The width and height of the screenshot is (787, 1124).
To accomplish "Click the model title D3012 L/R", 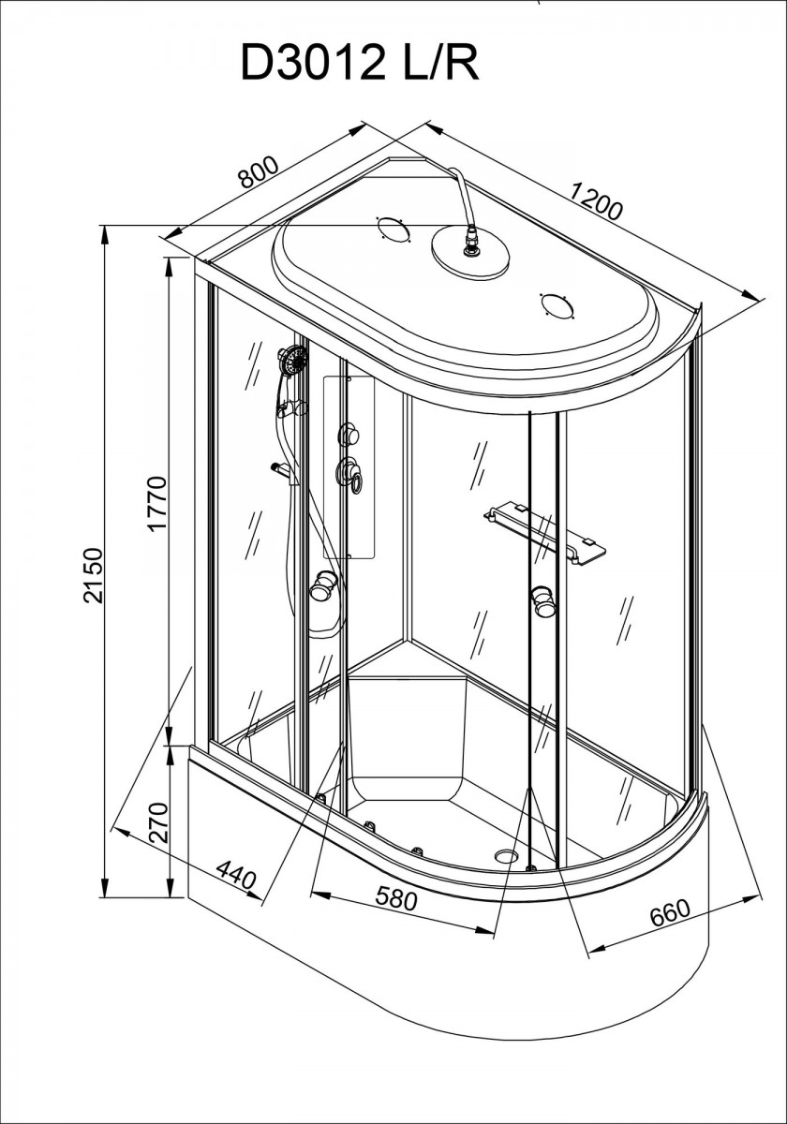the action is tap(360, 62).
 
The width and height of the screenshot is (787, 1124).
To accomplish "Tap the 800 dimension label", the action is tap(258, 171).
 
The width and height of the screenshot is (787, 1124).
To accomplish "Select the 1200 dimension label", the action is tap(597, 202).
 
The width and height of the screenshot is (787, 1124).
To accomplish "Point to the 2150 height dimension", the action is tap(94, 575).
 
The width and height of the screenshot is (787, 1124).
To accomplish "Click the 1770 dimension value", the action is tap(156, 504).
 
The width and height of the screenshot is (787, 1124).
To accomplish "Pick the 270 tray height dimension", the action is tap(158, 823).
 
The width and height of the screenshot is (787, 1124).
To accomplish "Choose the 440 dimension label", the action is tap(236, 875).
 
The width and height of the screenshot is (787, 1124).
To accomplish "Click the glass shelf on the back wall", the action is tap(544, 536).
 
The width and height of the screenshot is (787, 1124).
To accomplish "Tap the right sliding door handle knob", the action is tap(543, 601).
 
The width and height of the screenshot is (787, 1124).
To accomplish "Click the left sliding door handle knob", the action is tap(321, 586).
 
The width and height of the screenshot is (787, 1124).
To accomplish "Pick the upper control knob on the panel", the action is tap(348, 434).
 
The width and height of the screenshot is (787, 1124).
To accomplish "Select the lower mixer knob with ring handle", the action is tap(349, 473).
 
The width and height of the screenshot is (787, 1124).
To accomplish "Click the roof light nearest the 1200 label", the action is tap(557, 305).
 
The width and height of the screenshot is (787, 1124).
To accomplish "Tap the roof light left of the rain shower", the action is tap(394, 229).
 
